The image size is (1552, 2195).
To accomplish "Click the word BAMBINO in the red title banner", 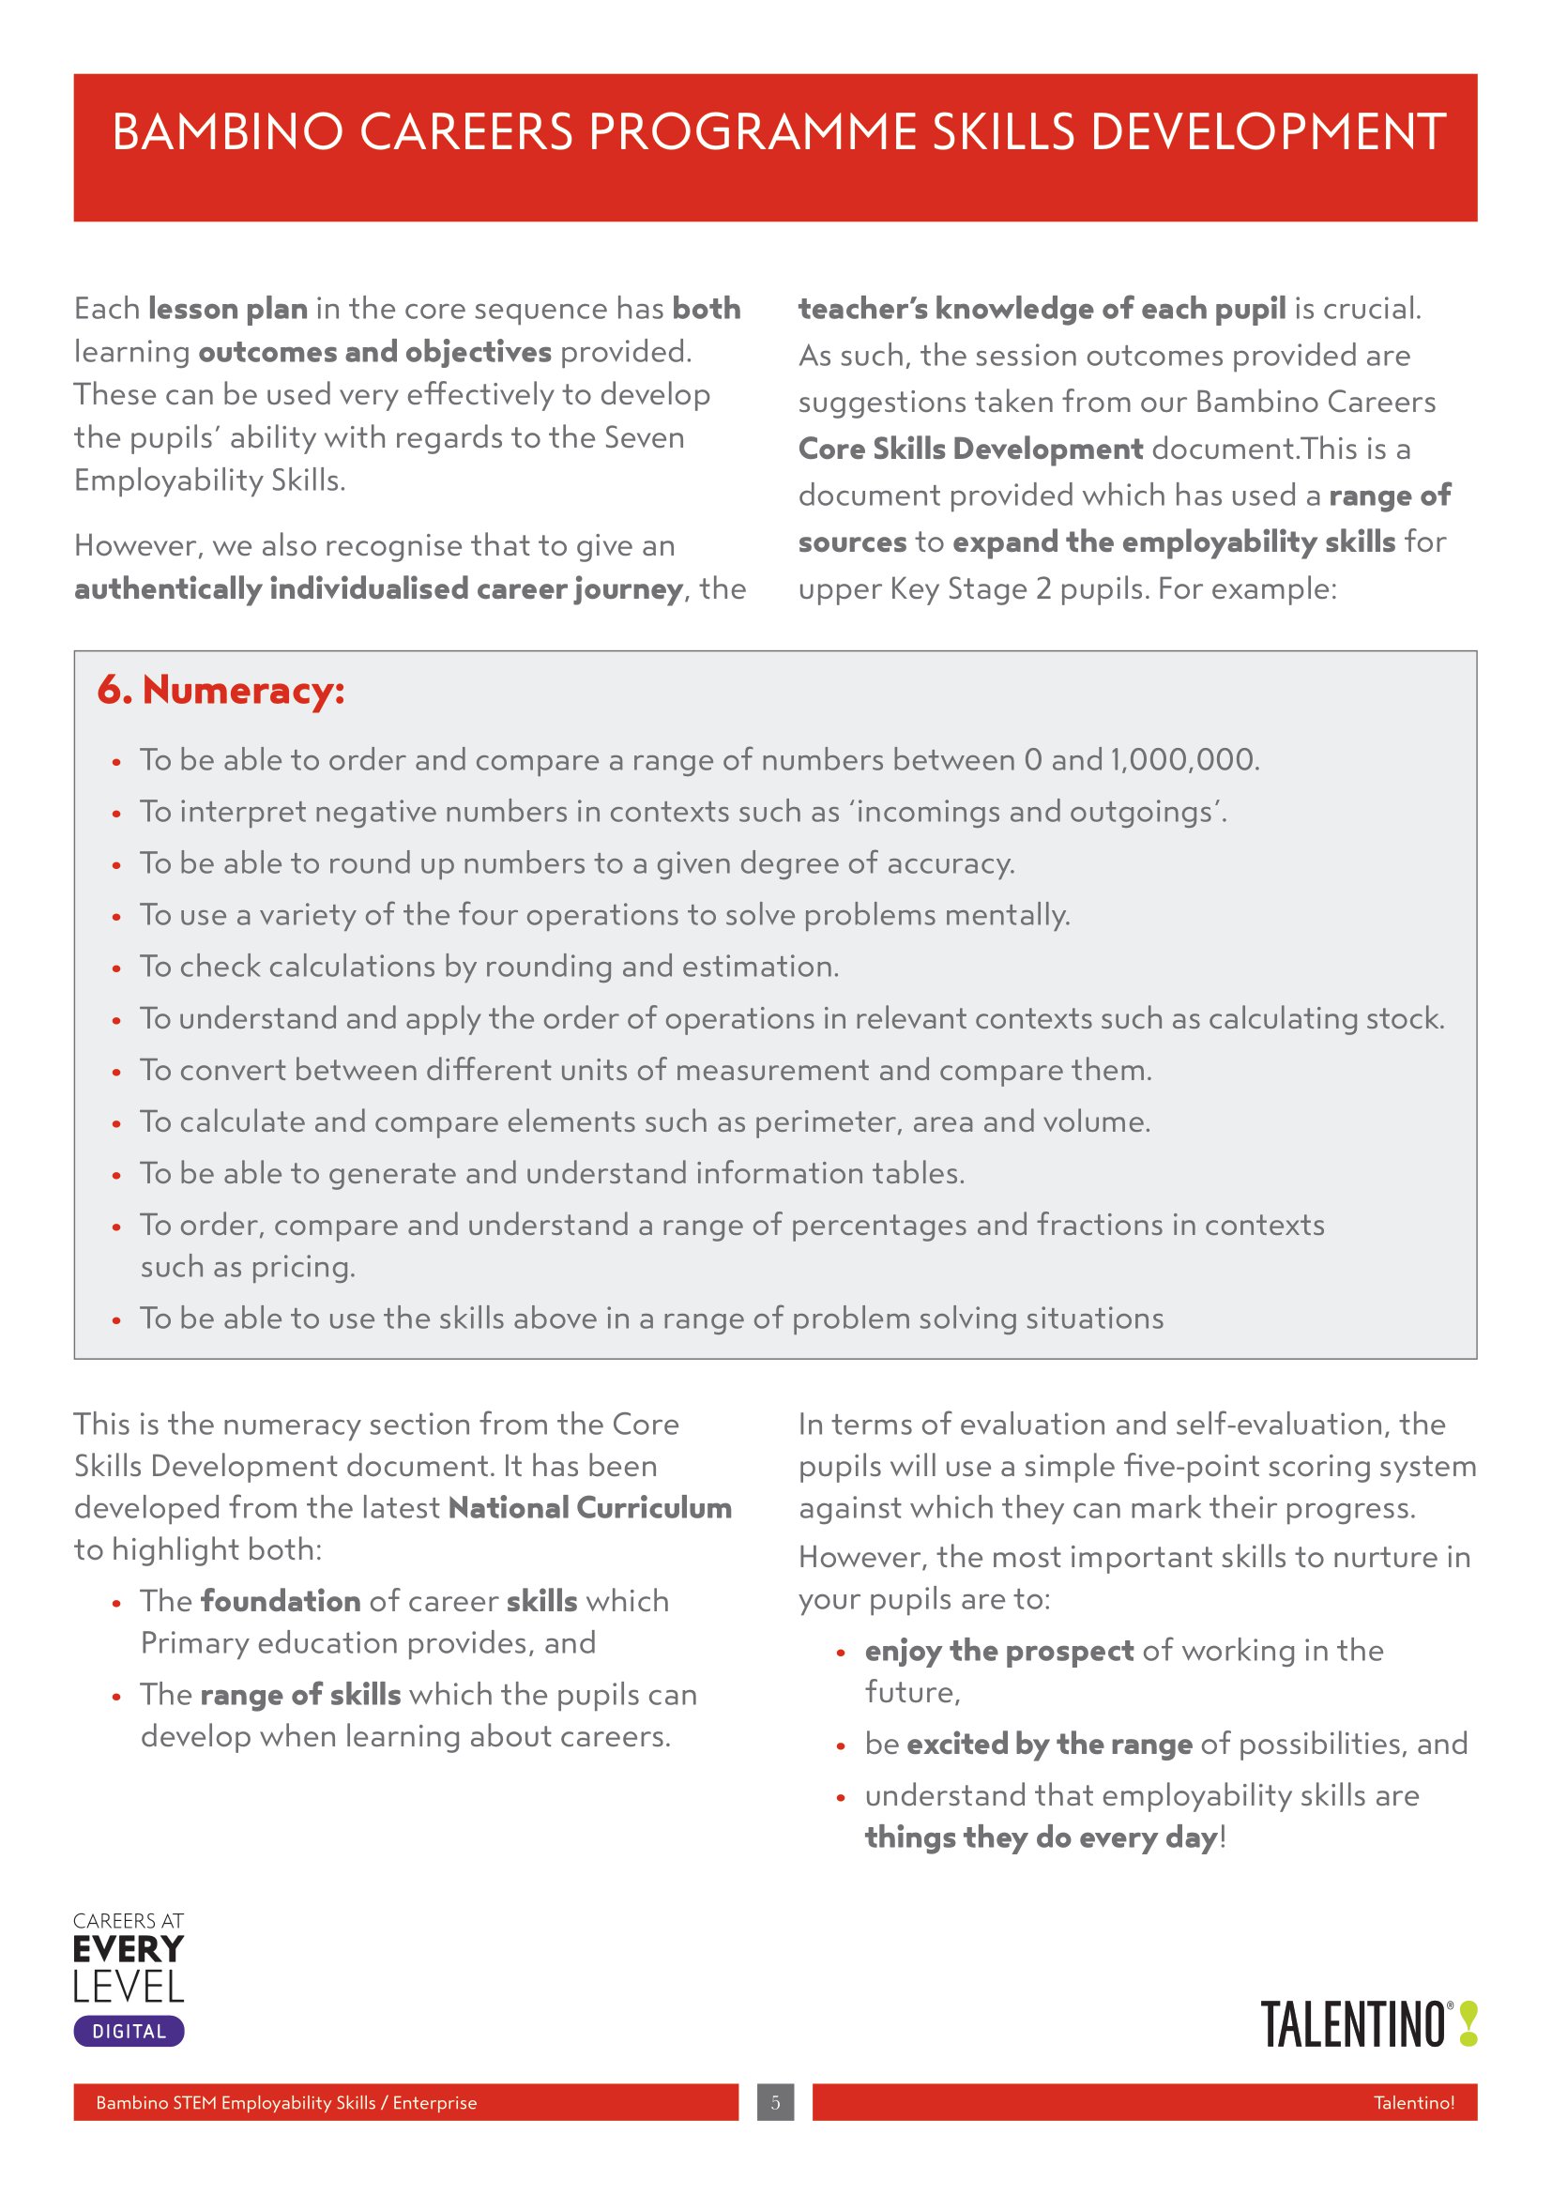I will coord(227,132).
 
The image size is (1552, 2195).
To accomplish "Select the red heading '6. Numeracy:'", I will coord(221,691).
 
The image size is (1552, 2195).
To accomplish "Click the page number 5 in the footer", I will coord(775,2102).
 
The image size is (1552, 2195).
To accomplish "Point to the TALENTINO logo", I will coord(1353,2025).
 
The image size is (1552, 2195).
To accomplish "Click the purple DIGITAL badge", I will coord(129,2032).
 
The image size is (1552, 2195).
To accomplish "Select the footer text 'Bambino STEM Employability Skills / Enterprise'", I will coord(286,2102).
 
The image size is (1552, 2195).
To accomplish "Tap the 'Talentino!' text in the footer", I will coord(1413,2102).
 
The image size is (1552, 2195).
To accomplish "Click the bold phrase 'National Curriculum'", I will coord(589,1508).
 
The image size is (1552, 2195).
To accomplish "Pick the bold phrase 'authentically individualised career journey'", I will coord(378,589).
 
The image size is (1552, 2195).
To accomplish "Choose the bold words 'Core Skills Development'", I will coord(970,449).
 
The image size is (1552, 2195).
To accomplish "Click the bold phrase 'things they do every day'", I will coord(1041,1837).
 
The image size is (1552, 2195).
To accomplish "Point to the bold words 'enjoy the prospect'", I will coord(998,1650).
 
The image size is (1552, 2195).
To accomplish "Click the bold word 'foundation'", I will coord(280,1600).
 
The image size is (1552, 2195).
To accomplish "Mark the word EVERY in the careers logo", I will coord(128,1949).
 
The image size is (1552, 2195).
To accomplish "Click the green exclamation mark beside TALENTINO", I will coord(1468,2025).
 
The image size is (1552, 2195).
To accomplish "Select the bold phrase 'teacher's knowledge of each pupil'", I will coord(1042,309).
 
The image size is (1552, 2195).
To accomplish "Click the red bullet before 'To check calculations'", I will coord(116,968).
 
